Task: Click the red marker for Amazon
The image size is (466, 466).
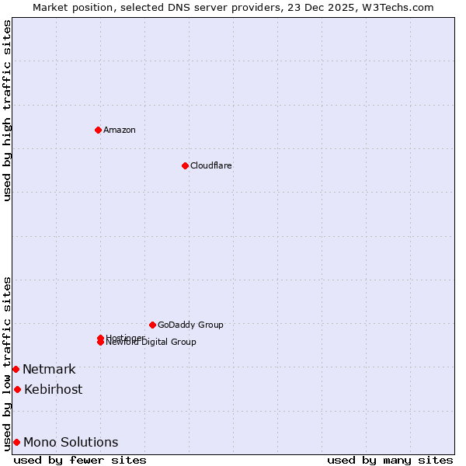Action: [x=98, y=130]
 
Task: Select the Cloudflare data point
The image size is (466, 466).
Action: [x=185, y=165]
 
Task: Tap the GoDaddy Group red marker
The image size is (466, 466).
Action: [x=152, y=325]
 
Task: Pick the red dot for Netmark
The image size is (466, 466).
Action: [x=16, y=369]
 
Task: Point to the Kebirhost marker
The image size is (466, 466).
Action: [x=17, y=389]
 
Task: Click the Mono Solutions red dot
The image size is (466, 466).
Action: [x=16, y=442]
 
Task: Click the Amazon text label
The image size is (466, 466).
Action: [x=119, y=130]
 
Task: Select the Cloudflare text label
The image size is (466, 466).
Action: [x=210, y=165]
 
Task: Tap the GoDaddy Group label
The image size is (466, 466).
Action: [x=190, y=325]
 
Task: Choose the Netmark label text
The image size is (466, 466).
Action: [x=49, y=369]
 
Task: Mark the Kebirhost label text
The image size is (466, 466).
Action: [x=53, y=389]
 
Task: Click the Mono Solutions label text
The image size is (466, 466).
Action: [x=71, y=442]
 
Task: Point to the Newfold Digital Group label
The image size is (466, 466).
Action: [x=151, y=343]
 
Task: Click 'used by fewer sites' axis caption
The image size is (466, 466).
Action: [x=80, y=460]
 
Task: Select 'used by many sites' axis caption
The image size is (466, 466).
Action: [x=390, y=460]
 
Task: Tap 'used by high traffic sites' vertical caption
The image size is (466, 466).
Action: [x=7, y=110]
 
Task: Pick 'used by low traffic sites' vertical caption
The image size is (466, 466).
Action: [x=7, y=363]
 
